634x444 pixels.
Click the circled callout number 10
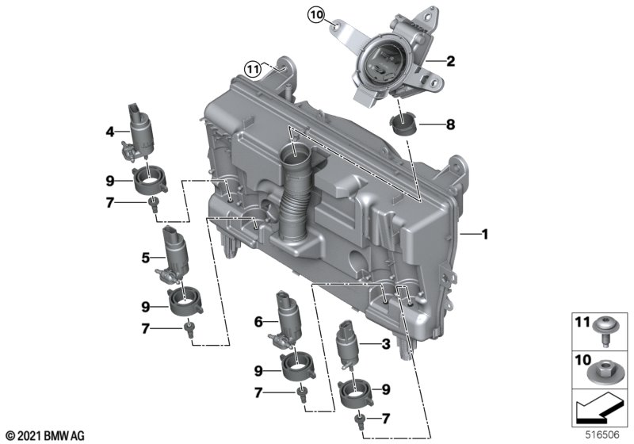pyautogui.click(x=316, y=15)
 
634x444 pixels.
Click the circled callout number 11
pyautogui.click(x=253, y=70)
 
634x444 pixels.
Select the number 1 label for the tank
pyautogui.click(x=484, y=234)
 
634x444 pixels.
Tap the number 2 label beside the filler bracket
pyautogui.click(x=450, y=61)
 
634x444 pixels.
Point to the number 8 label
pyautogui.click(x=450, y=124)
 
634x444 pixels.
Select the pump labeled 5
pyautogui.click(x=174, y=255)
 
